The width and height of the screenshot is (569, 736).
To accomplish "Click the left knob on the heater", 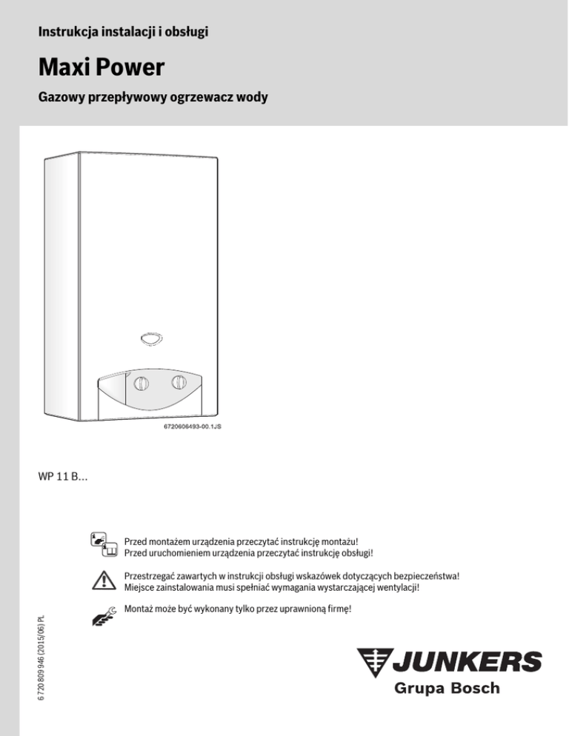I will point(142,386).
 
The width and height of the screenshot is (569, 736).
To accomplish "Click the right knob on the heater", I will point(180,383).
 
